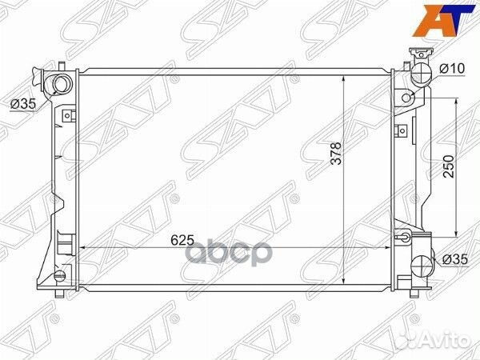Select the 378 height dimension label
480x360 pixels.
[335, 154]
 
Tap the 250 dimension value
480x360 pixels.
[449, 166]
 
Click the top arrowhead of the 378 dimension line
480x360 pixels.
[344, 78]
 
